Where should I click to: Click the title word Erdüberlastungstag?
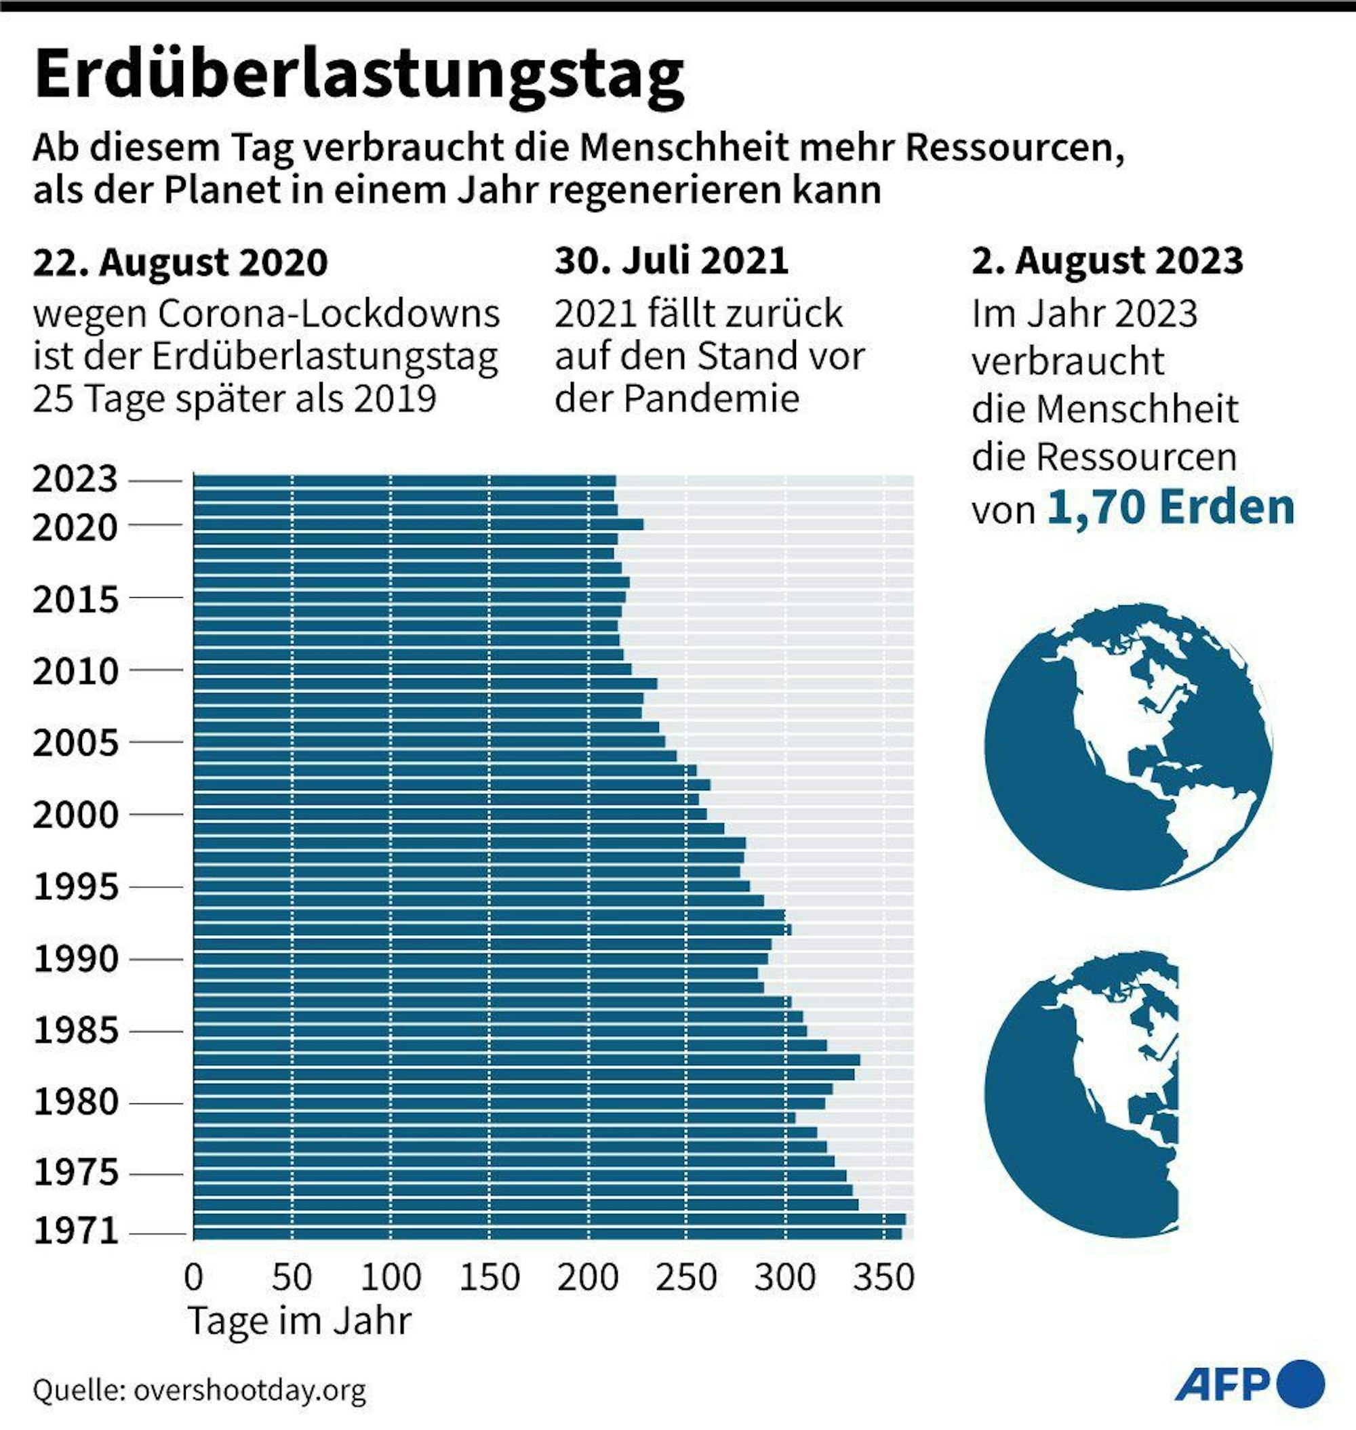pyautogui.click(x=359, y=75)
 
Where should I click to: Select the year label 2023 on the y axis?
pyautogui.click(x=75, y=479)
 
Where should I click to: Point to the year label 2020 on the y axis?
pyautogui.click(x=75, y=527)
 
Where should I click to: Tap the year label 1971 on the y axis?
pyautogui.click(x=76, y=1231)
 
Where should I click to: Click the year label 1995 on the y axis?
pyautogui.click(x=76, y=886)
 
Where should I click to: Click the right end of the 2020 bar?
pyautogui.click(x=642, y=525)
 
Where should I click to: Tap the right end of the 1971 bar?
pyautogui.click(x=900, y=1233)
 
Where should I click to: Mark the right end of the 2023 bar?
pyautogui.click(x=614, y=481)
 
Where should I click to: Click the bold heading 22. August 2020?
pyautogui.click(x=180, y=262)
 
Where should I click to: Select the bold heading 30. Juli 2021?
pyautogui.click(x=671, y=260)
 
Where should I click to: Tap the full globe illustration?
pyautogui.click(x=1128, y=746)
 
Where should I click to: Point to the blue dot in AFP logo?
pyautogui.click(x=1300, y=1385)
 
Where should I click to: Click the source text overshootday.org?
pyautogui.click(x=250, y=1389)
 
